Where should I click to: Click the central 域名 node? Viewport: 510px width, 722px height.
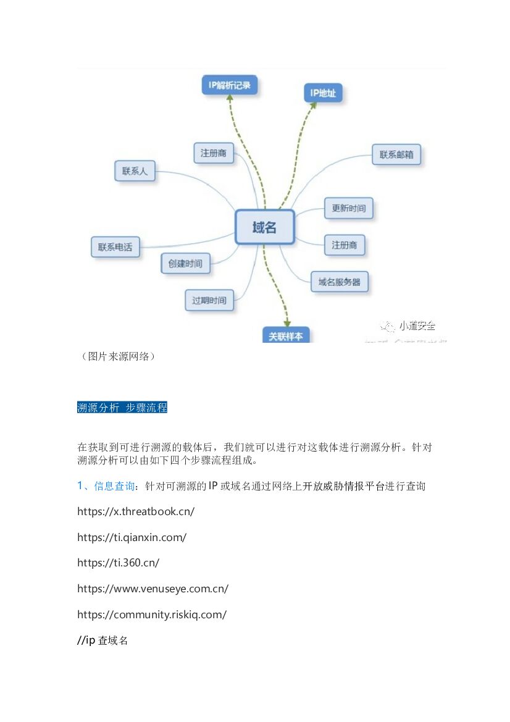coord(264,227)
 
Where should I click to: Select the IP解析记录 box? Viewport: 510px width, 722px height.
coord(230,85)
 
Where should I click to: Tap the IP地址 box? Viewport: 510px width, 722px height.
coord(323,93)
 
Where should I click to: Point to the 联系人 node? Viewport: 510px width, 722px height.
coord(135,171)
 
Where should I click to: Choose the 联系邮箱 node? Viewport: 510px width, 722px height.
coord(396,154)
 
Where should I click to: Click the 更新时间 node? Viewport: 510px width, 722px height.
coord(348,208)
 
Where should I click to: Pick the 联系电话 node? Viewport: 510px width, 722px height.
coord(115,247)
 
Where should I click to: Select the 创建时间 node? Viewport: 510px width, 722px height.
coord(185,263)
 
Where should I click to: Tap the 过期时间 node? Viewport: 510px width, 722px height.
coord(209,300)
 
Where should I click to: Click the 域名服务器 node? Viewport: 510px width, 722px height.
coord(339,282)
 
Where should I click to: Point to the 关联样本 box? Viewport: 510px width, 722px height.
coord(286,336)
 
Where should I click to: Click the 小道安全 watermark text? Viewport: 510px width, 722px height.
coord(417,325)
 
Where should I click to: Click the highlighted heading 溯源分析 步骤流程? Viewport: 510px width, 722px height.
coord(122,408)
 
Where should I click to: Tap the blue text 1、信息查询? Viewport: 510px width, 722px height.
coord(106,486)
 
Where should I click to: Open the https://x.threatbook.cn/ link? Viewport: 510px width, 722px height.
coord(136,511)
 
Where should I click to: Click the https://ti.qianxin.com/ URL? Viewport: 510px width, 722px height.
coord(132,537)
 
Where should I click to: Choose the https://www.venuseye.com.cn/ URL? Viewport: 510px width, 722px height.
coord(153,589)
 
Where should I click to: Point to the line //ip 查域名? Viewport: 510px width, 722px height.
coord(102,640)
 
